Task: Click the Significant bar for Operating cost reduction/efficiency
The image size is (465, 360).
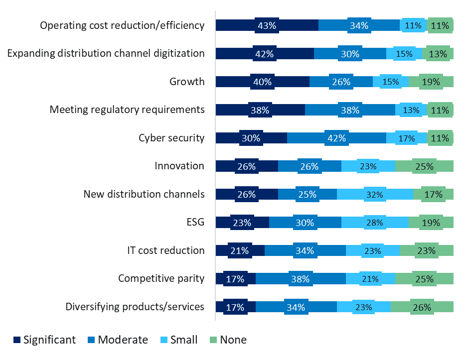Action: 267,26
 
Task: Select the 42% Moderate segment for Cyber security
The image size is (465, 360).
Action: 336,138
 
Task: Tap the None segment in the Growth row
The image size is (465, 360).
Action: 431,82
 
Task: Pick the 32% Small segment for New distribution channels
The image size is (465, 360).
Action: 375,195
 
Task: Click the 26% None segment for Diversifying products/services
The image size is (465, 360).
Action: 422,307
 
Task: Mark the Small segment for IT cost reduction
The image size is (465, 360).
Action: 372,251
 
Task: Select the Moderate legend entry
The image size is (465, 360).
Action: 119,340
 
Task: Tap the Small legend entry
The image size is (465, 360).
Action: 179,340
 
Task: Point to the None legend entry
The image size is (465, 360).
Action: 229,340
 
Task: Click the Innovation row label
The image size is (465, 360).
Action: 179,166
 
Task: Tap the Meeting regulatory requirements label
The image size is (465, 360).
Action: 127,110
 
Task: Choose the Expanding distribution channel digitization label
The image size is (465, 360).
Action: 106,53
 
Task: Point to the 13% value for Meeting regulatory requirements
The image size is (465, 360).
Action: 411,111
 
